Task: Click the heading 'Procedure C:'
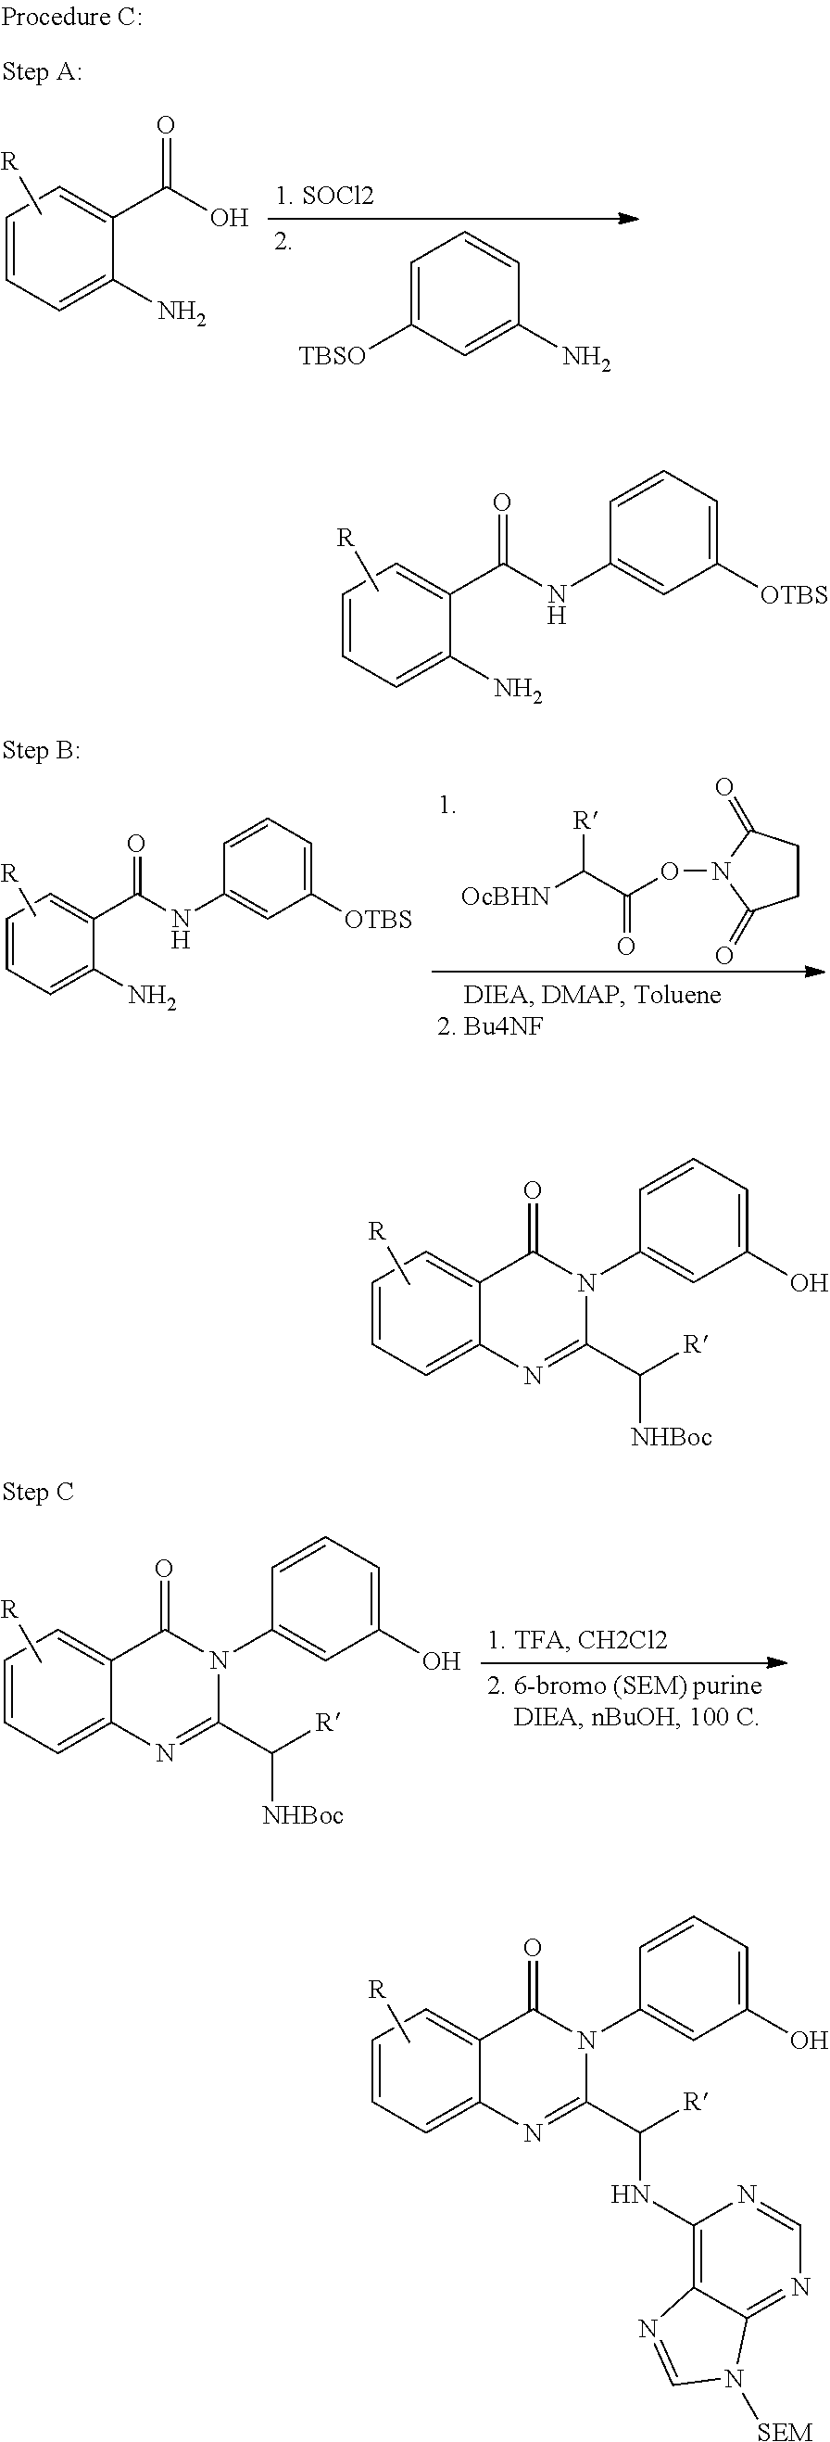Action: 72,18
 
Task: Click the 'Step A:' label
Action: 42,72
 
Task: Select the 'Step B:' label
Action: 42,751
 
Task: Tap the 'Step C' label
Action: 38,1491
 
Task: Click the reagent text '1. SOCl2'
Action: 325,197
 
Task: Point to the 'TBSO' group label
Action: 333,356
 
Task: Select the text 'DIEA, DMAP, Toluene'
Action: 592,995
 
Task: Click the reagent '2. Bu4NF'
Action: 490,1026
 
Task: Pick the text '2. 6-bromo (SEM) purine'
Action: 624,1685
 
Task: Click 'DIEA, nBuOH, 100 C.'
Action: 635,1717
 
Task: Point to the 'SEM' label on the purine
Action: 786,2430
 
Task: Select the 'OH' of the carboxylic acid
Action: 230,218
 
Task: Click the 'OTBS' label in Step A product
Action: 794,595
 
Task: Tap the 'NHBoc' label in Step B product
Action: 672,1437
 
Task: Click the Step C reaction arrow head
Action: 777,1662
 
